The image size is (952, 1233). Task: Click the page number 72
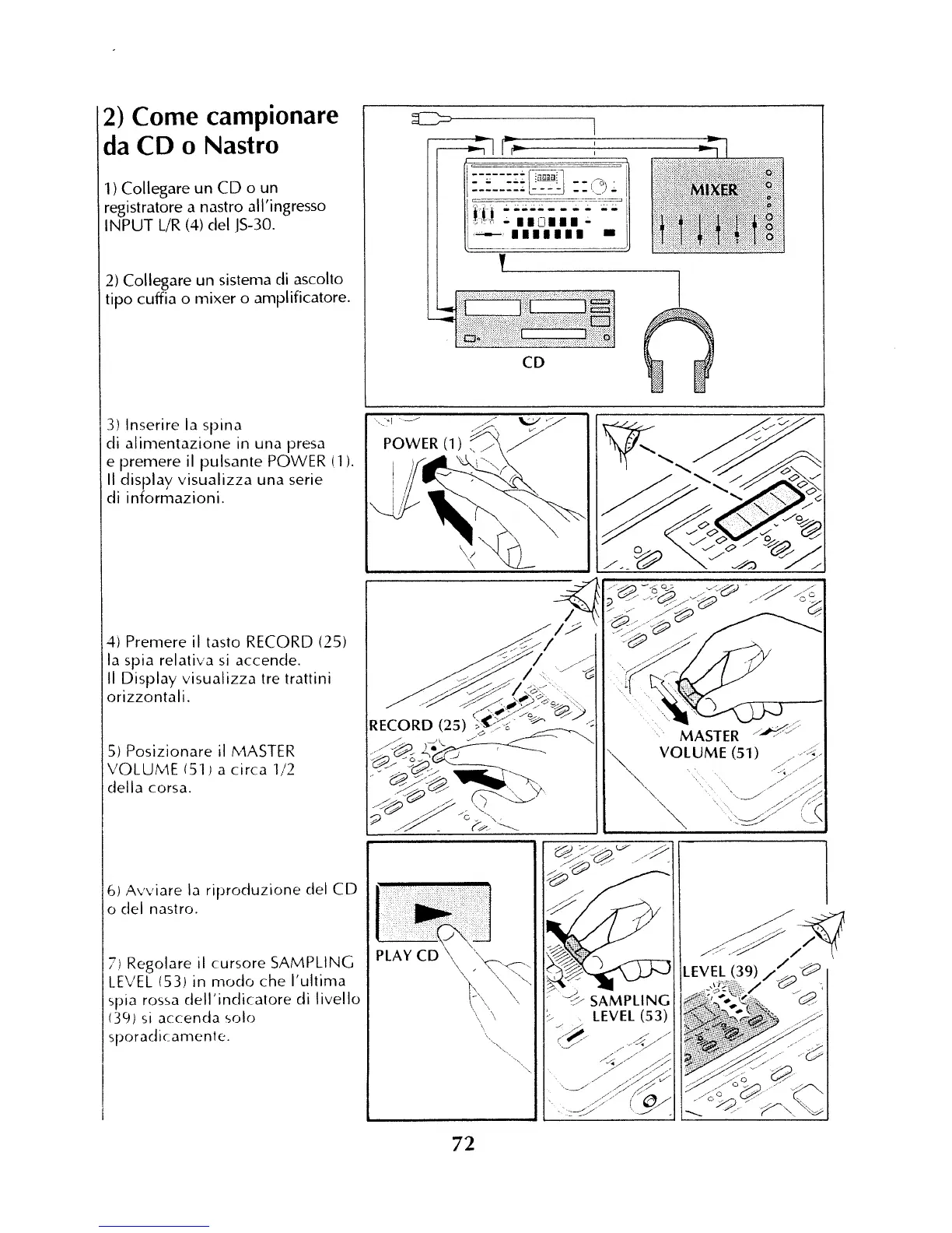(x=463, y=1143)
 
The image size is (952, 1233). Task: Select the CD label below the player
(x=534, y=363)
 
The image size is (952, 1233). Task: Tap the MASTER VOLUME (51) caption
(x=709, y=744)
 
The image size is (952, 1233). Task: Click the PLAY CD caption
(x=408, y=955)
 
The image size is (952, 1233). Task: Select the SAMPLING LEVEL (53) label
(x=629, y=1008)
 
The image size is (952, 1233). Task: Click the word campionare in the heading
(x=236, y=116)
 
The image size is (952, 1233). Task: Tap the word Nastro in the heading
(x=241, y=145)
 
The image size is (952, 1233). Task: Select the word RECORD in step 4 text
(x=278, y=642)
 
